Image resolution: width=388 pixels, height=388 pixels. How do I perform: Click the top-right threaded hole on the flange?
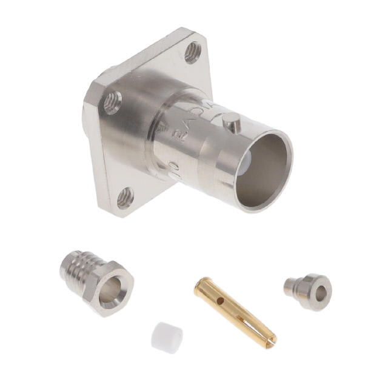[x=193, y=52]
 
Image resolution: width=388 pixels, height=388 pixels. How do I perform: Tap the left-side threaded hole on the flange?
[x=112, y=102]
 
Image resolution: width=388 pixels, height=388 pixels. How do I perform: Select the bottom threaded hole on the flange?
[x=125, y=197]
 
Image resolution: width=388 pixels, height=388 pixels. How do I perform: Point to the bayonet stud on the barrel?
[x=231, y=123]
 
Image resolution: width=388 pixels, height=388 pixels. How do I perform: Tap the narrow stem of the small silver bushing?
[x=290, y=286]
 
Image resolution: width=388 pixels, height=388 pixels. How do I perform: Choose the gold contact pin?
[x=233, y=310]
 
